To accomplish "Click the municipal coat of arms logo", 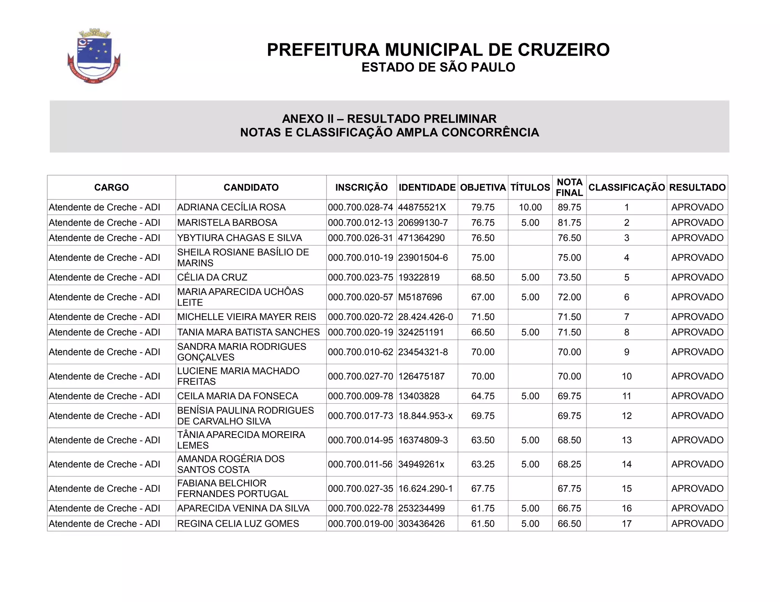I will click(94, 56).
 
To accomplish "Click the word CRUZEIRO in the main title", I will click(563, 50).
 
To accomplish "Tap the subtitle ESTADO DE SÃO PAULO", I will click(438, 67).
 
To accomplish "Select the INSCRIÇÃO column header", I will click(361, 187).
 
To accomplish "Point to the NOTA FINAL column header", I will click(569, 187).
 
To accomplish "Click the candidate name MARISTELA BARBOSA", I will click(227, 223).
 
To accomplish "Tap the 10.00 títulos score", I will click(530, 207).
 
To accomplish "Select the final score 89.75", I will click(569, 207).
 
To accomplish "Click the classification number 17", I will click(627, 524).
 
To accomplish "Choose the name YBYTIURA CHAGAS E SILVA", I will click(239, 238).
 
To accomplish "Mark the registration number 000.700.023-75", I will click(360, 277).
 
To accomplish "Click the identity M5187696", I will click(420, 297).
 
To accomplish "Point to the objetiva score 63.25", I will click(483, 464).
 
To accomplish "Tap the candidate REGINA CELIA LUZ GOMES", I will click(238, 524).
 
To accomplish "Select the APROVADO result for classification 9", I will click(697, 352).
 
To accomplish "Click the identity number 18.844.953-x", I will click(425, 416).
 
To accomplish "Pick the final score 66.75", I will click(569, 508).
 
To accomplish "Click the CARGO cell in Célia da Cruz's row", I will click(104, 277).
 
